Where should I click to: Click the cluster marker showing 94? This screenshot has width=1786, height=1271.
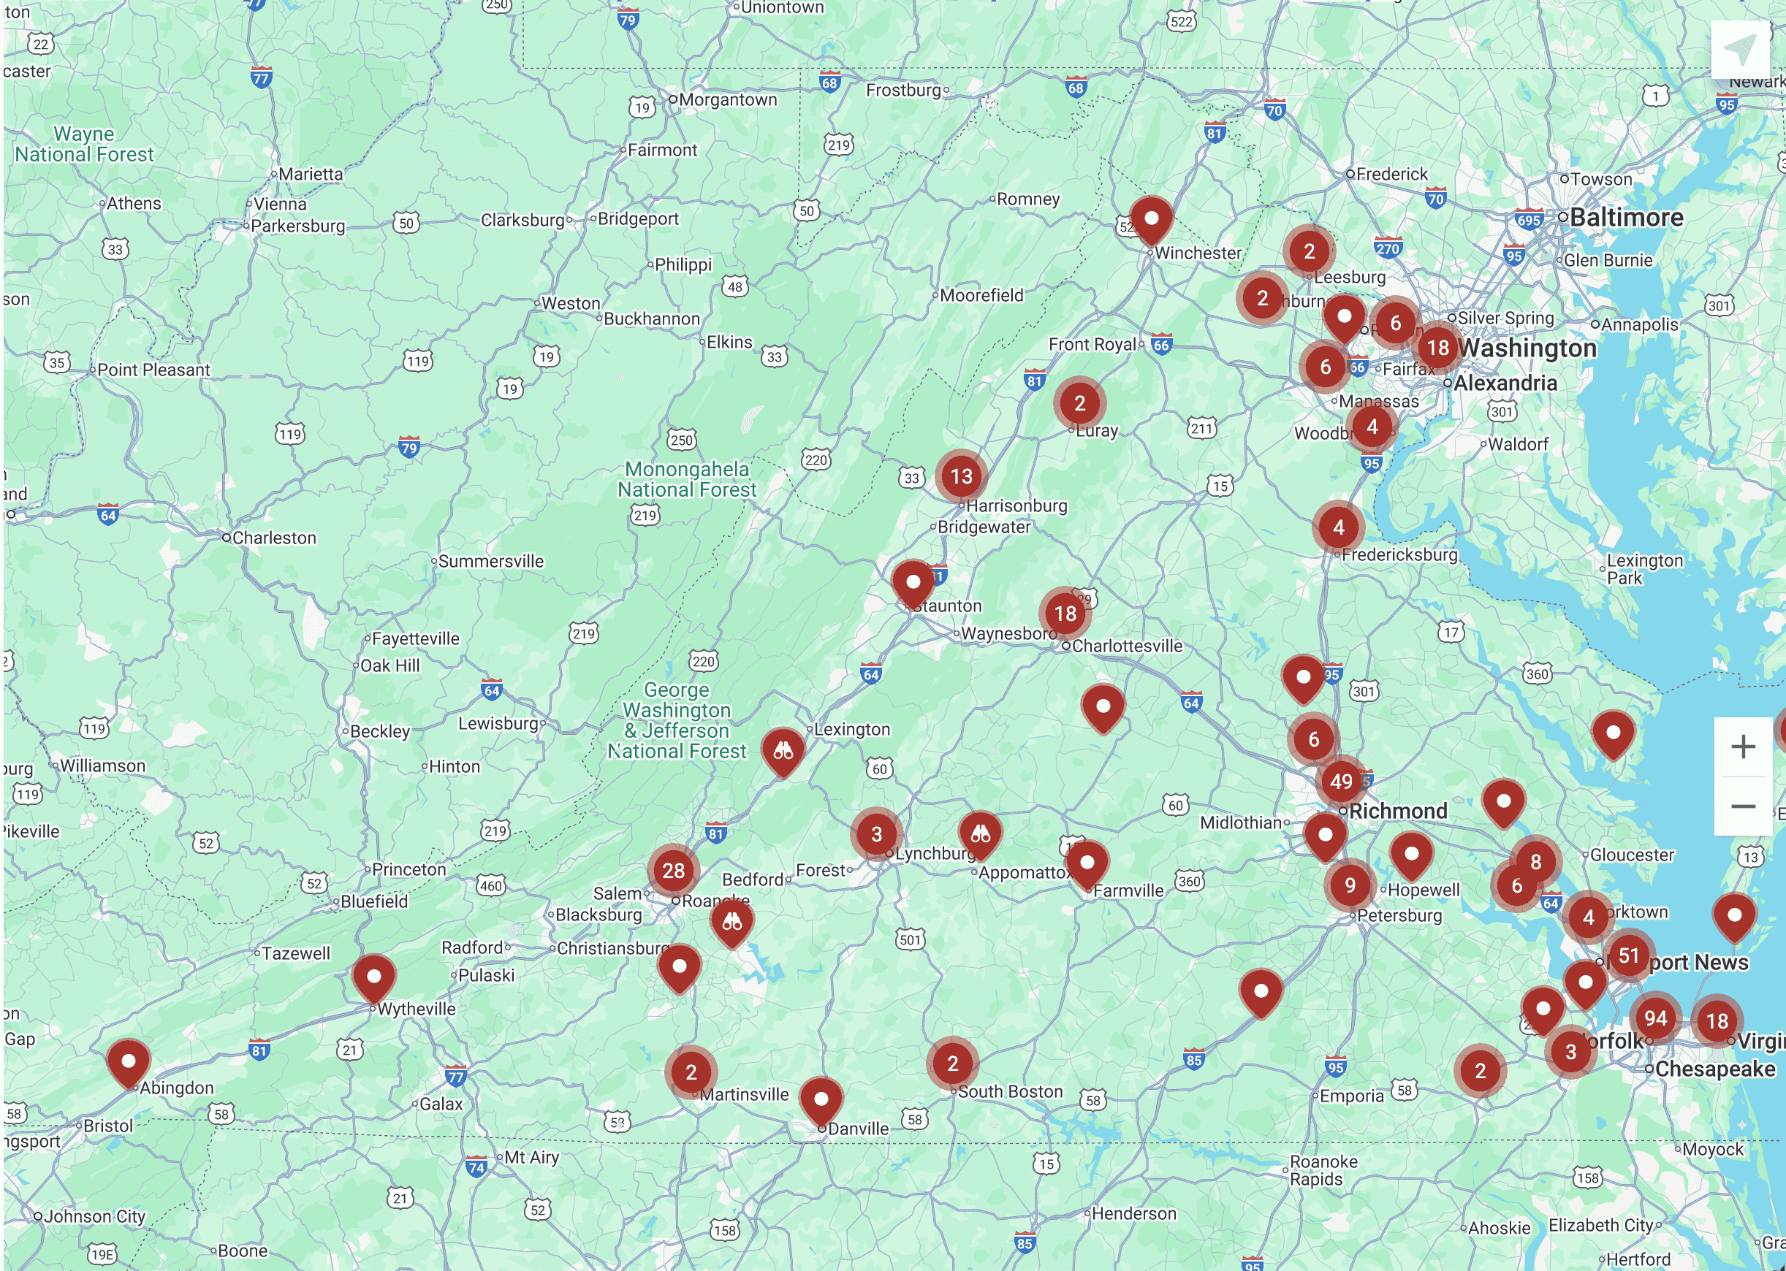[1654, 1018]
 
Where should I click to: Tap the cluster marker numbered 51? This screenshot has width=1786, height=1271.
[1629, 955]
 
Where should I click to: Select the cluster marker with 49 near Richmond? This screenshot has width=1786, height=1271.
[1341, 780]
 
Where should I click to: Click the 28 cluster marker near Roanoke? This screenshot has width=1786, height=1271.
[673, 870]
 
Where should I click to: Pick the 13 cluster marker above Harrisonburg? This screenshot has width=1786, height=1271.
[961, 476]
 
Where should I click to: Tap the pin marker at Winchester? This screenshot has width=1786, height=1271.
[1150, 219]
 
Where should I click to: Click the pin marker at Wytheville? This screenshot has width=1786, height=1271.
[373, 977]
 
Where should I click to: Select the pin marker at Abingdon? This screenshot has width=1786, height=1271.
[129, 1061]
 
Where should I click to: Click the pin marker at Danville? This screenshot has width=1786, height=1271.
[821, 1099]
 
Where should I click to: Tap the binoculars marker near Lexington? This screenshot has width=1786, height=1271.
[783, 752]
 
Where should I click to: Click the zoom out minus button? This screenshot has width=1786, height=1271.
[1743, 806]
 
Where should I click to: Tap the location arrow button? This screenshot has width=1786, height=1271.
[1740, 50]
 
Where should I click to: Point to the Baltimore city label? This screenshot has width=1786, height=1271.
[1625, 218]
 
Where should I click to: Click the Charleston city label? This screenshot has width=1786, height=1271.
[273, 538]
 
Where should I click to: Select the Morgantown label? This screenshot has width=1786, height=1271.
[727, 99]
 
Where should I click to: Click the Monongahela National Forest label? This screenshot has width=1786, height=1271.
[687, 479]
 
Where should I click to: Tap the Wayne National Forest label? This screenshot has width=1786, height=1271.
[84, 144]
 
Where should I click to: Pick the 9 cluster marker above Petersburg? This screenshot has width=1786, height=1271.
[1350, 885]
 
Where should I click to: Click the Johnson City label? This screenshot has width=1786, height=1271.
[94, 1216]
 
